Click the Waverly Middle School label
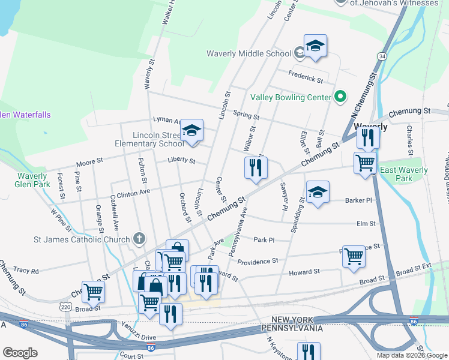[249, 53]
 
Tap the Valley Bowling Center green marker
[340, 97]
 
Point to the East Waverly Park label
[404, 174]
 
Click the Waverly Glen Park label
[31, 180]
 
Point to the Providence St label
[258, 262]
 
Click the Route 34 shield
[382, 56]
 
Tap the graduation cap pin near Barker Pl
[318, 192]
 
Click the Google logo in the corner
[20, 352]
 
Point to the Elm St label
[366, 224]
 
